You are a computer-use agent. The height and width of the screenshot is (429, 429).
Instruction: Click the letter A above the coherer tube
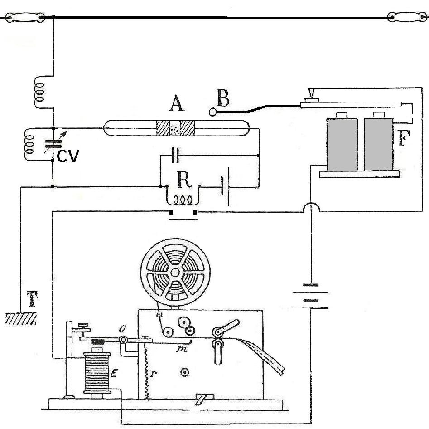pos(176,104)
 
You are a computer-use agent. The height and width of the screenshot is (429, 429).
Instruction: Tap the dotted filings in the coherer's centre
pos(175,128)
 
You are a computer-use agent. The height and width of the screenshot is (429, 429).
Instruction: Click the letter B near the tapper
pos(223,98)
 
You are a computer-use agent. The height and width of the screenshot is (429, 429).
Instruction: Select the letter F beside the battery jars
pos(405,138)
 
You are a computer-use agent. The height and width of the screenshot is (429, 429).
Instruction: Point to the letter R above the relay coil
pos(183,180)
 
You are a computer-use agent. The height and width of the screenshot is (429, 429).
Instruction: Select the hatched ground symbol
pos(20,318)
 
